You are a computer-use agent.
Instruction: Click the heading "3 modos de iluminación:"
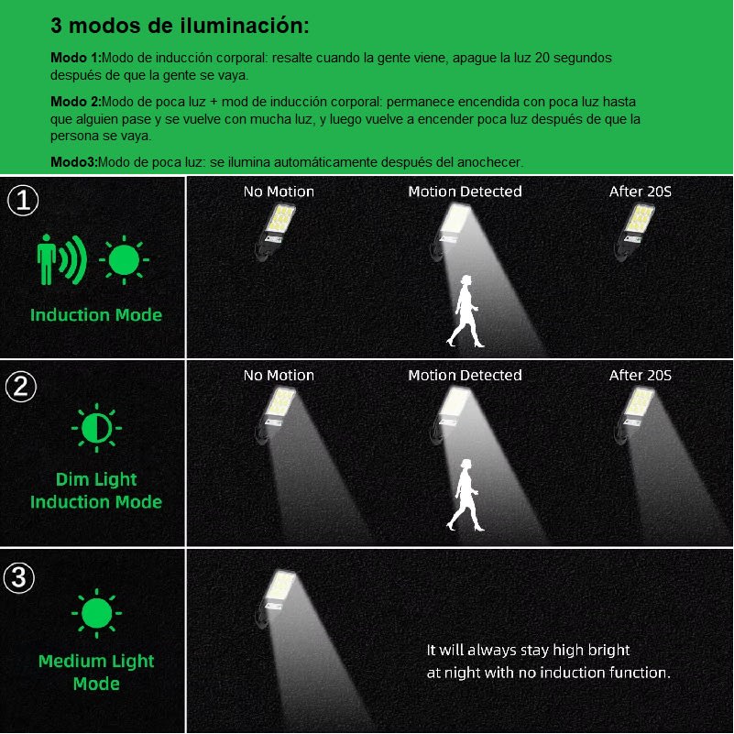pyautogui.click(x=180, y=26)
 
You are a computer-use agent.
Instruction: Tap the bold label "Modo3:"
pyautogui.click(x=73, y=162)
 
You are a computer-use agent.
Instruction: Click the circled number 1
pyautogui.click(x=21, y=202)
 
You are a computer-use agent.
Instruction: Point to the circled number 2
pyautogui.click(x=21, y=388)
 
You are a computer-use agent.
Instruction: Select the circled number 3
pyautogui.click(x=21, y=578)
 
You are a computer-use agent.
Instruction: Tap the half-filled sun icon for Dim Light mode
pyautogui.click(x=96, y=429)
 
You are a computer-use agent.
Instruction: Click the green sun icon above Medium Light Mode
pyautogui.click(x=96, y=614)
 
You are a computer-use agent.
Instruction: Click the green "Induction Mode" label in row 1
pyautogui.click(x=96, y=315)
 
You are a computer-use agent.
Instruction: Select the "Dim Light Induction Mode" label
pyautogui.click(x=96, y=490)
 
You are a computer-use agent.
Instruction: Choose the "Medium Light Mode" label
pyautogui.click(x=96, y=673)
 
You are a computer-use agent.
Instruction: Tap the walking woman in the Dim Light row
pyautogui.click(x=466, y=496)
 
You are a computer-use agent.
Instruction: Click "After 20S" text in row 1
pyautogui.click(x=641, y=192)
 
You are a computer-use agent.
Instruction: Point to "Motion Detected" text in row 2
pyautogui.click(x=465, y=376)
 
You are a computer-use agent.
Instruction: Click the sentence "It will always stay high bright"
pyautogui.click(x=528, y=651)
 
